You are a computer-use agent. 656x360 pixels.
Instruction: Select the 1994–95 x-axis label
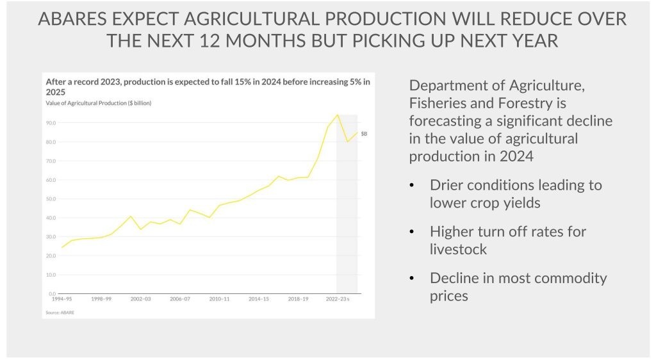point(62,299)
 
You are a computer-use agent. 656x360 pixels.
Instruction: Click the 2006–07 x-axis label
point(180,299)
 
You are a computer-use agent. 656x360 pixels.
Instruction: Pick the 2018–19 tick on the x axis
point(298,299)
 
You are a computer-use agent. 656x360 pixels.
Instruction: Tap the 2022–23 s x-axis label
point(338,299)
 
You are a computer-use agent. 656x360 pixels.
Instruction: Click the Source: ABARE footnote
point(59,312)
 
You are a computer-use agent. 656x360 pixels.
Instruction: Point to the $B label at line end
point(364,133)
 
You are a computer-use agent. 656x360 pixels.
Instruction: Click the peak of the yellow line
point(337,115)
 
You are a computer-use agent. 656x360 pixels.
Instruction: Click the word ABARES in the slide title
point(72,19)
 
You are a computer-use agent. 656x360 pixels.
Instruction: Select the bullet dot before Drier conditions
point(413,186)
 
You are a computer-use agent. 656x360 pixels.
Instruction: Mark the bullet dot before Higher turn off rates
point(413,232)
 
